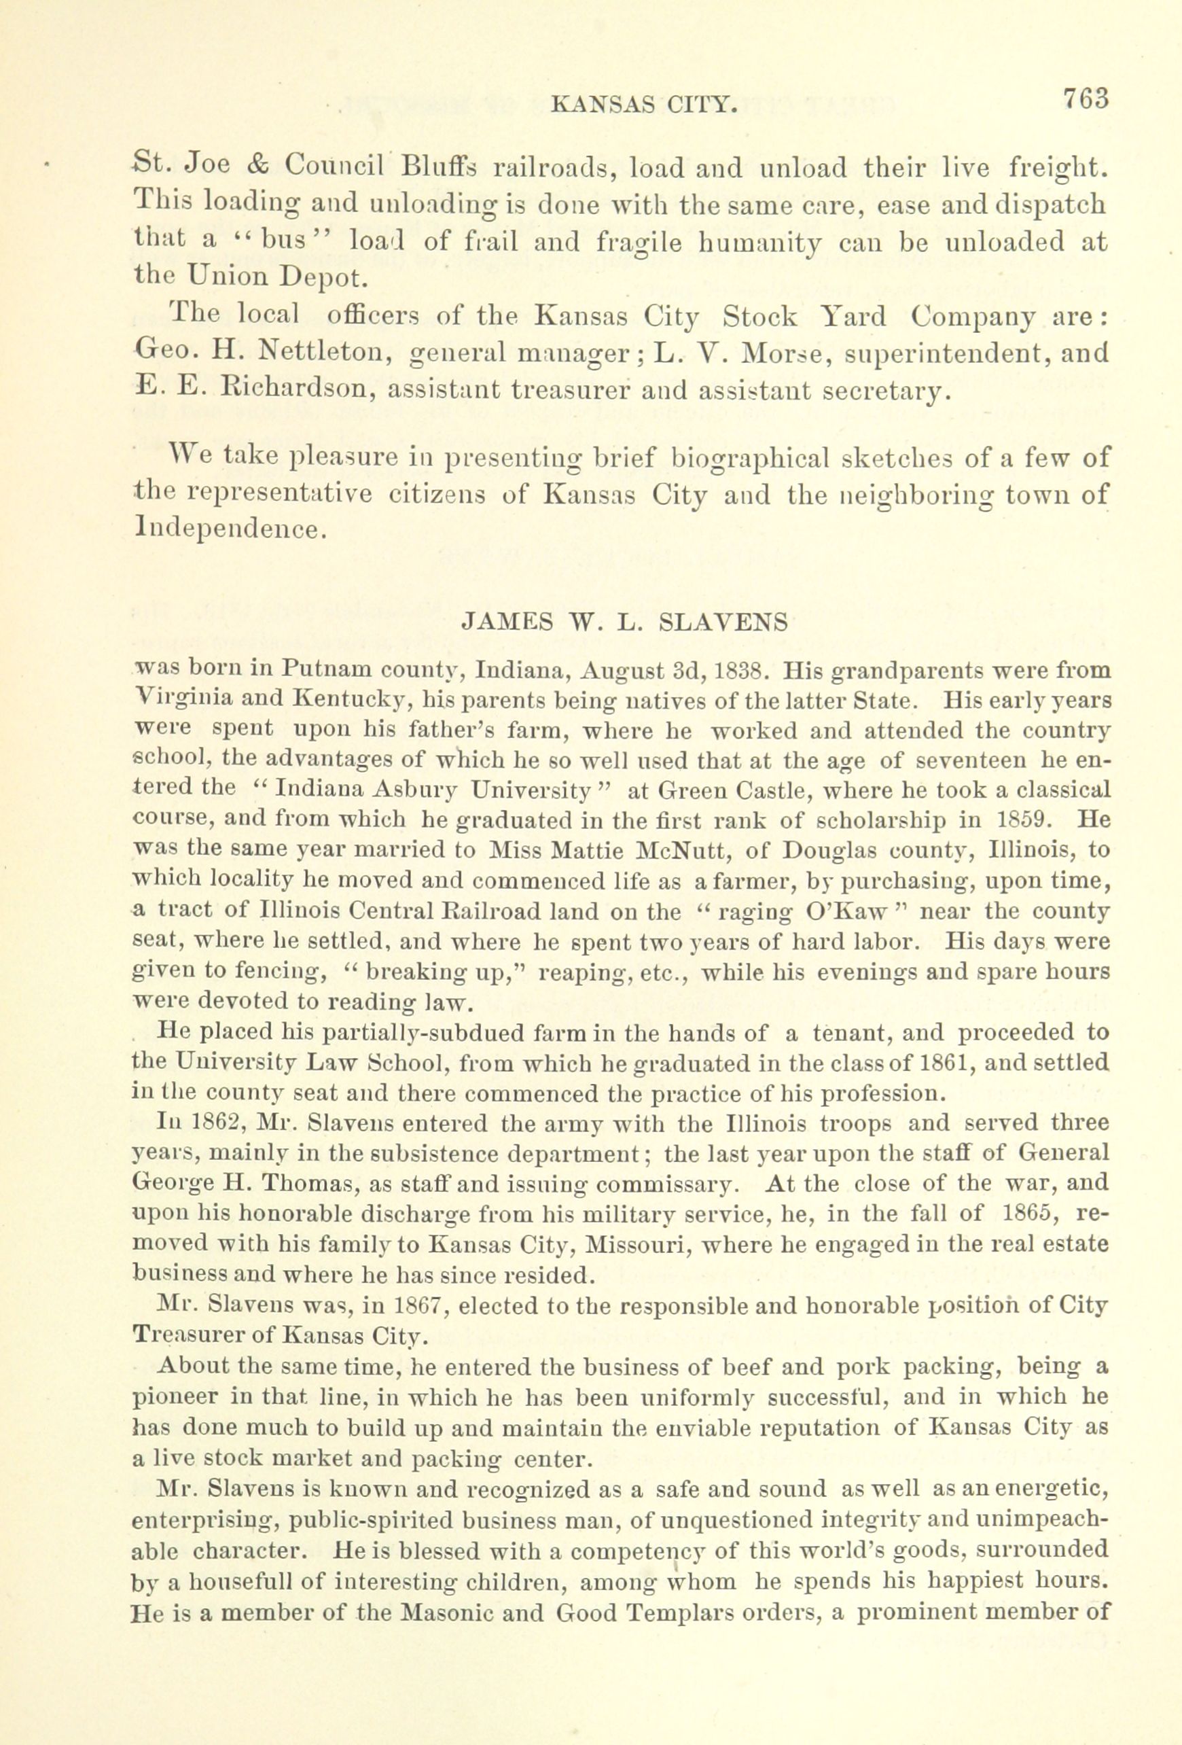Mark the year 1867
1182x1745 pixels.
[415, 1305]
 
